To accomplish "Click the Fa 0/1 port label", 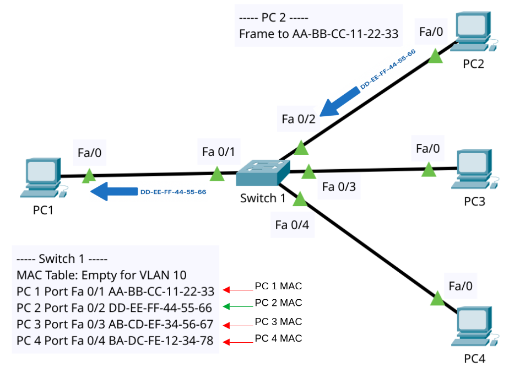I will click(x=218, y=152).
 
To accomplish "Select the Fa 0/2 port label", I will click(x=298, y=119).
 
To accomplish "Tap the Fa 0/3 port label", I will click(x=339, y=187).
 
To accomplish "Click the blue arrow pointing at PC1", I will click(x=113, y=192).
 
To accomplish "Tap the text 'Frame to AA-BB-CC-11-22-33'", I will click(x=318, y=34).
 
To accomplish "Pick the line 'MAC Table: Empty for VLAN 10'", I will click(x=102, y=275).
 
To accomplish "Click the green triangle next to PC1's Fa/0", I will click(x=88, y=176).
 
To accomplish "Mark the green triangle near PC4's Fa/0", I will click(x=437, y=299).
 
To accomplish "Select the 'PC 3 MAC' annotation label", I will click(x=278, y=322).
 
